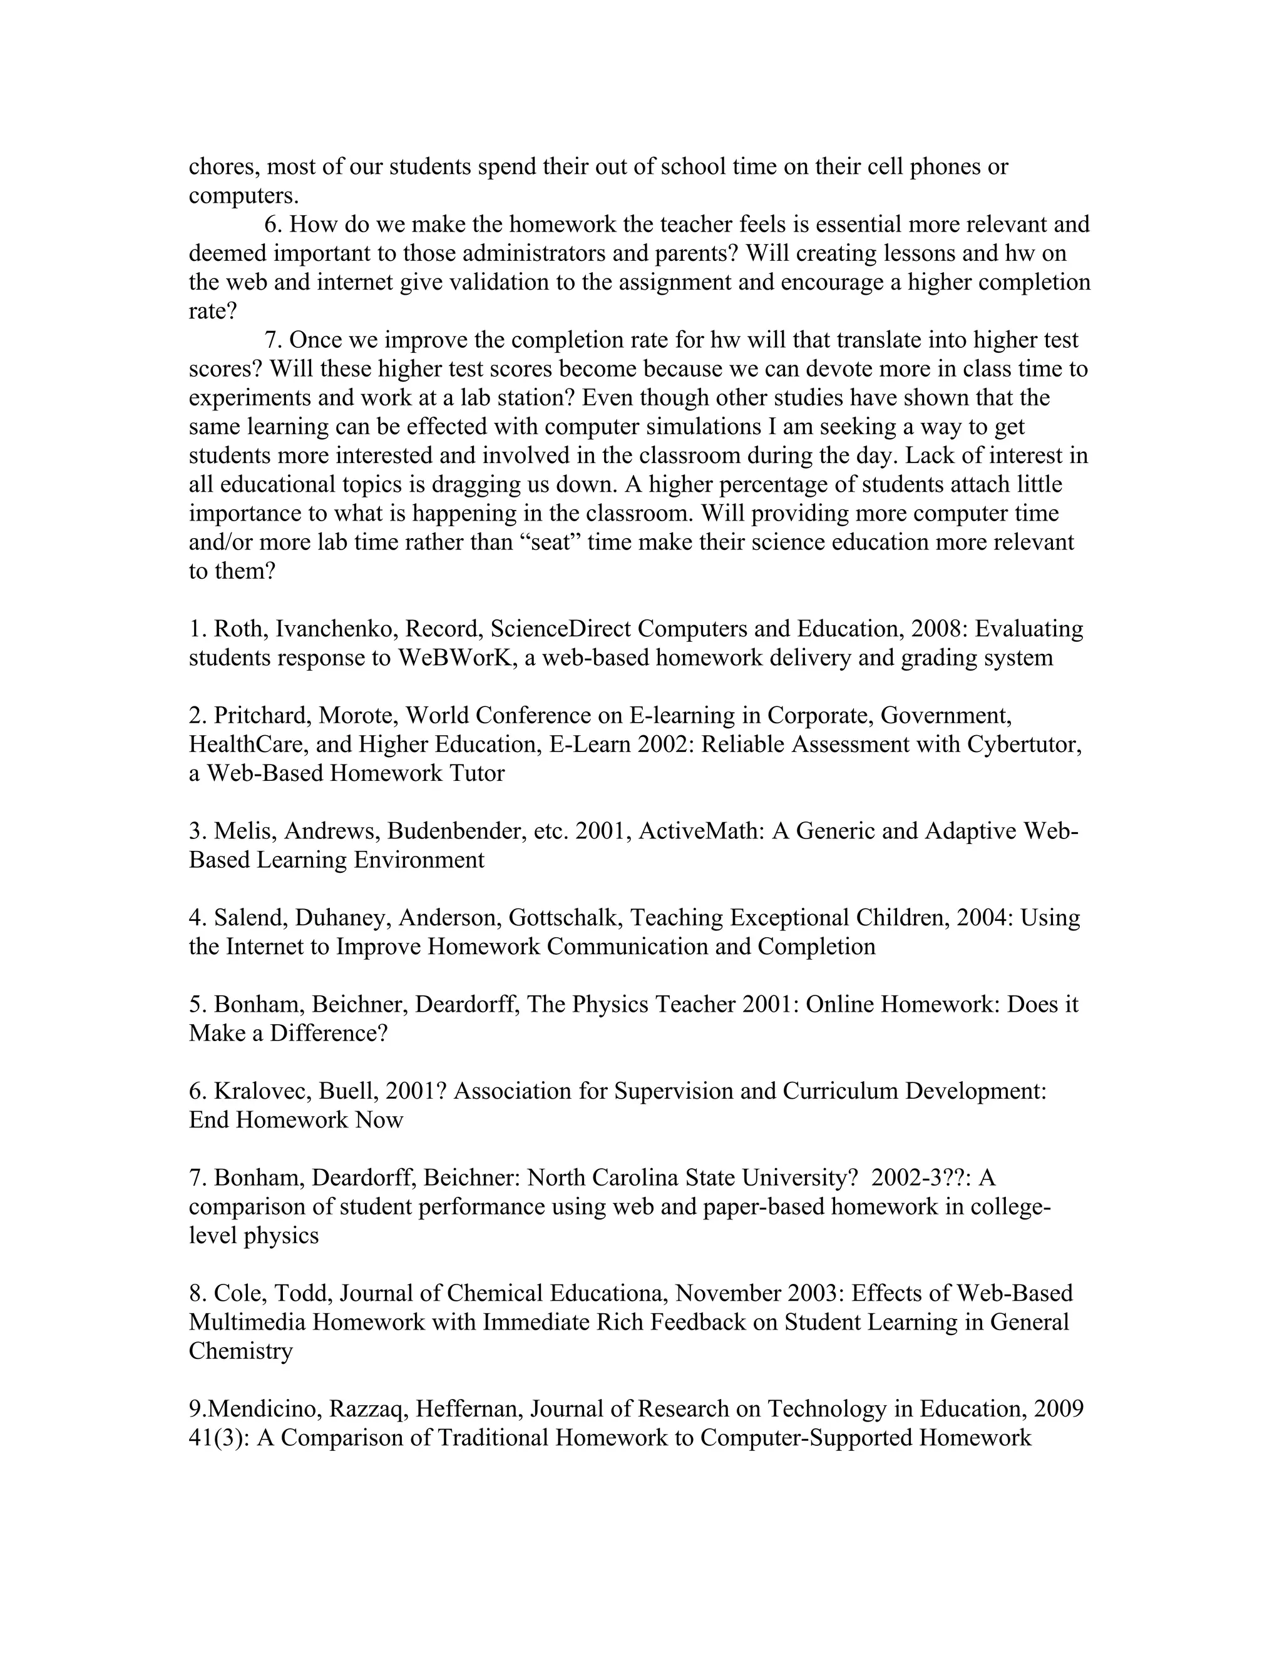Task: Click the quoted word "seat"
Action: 549,542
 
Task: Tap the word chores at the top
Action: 224,166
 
